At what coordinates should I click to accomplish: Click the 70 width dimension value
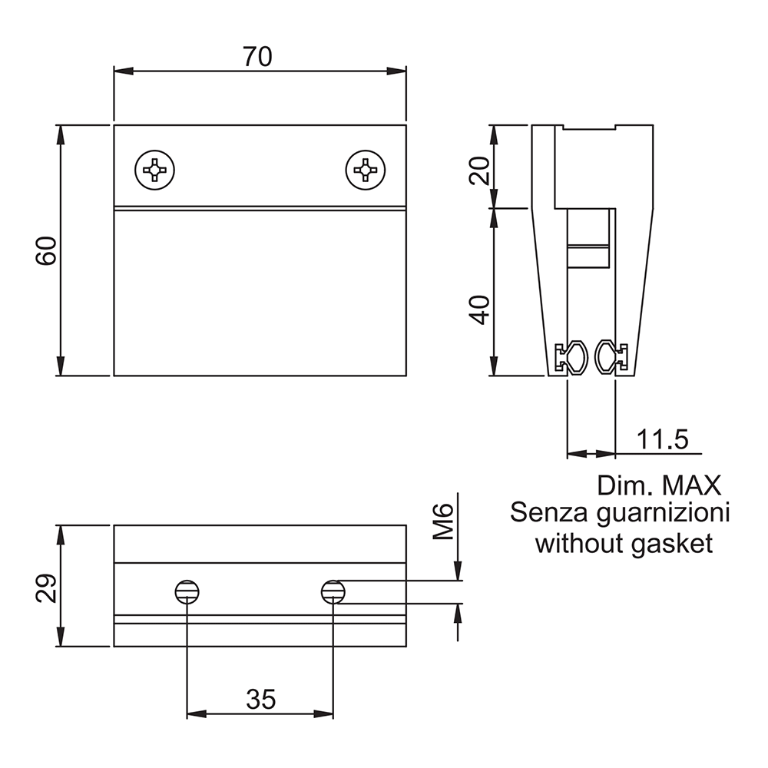(x=259, y=56)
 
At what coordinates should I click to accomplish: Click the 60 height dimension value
(x=46, y=251)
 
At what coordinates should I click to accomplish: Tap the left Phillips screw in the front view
(x=155, y=169)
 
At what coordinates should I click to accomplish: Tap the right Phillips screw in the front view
(x=365, y=169)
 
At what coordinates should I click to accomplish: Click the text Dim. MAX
(x=659, y=485)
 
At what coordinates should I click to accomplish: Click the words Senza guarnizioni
(x=620, y=513)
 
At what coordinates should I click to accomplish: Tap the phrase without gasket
(x=624, y=544)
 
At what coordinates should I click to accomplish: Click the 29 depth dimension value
(x=46, y=588)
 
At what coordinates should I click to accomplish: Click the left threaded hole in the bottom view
(x=187, y=591)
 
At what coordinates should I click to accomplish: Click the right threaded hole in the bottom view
(x=333, y=591)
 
